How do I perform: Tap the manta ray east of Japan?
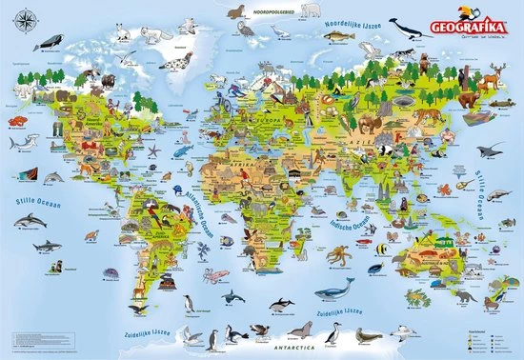point(493,150)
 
